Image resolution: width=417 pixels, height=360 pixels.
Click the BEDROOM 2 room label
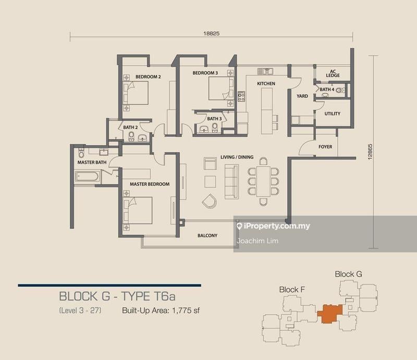(148, 77)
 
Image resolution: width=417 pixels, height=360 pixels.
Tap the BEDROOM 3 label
(205, 73)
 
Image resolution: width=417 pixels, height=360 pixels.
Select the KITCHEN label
(266, 83)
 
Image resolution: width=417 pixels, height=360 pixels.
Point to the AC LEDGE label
(333, 73)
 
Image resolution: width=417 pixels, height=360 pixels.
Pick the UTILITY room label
(332, 114)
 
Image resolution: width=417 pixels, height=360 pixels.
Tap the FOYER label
(325, 147)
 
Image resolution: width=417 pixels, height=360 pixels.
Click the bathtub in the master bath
(87, 177)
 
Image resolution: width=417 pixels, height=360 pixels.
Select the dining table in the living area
(263, 181)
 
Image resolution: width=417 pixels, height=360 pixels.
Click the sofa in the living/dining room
(231, 182)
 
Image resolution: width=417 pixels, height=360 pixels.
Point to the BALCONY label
(207, 235)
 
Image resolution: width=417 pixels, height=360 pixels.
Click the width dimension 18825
(212, 33)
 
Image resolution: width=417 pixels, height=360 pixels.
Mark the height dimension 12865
(370, 152)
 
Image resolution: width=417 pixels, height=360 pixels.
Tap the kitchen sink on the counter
(265, 71)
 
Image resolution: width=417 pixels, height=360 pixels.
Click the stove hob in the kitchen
(241, 96)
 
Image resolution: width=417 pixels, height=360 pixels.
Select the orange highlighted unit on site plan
(330, 314)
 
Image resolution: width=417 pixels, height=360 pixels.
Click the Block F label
(292, 290)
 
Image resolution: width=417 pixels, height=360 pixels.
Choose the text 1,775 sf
(186, 311)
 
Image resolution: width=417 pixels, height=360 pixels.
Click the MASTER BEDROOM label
(150, 184)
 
